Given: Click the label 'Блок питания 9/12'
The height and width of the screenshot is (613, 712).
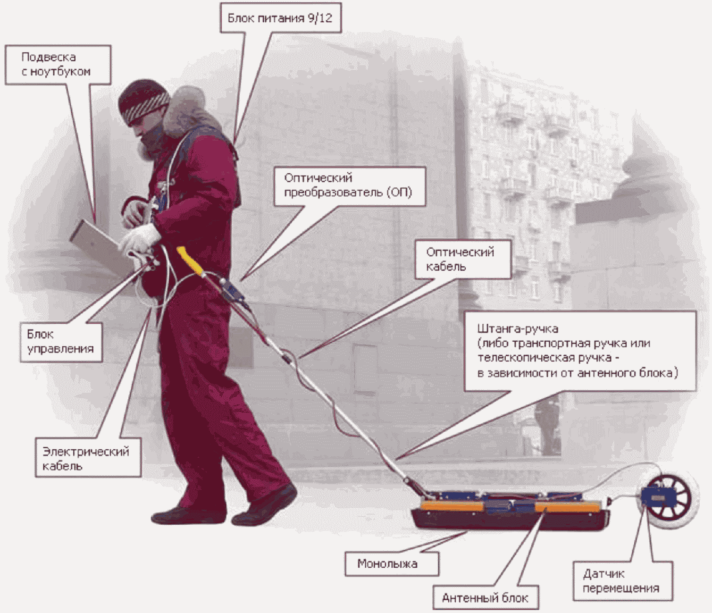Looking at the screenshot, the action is point(280,18).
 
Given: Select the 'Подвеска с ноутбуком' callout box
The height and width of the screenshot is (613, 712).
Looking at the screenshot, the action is point(58,65).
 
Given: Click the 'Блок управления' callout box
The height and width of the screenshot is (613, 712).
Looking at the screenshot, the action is point(61,342).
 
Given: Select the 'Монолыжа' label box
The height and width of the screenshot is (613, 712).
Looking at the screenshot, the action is point(392,564).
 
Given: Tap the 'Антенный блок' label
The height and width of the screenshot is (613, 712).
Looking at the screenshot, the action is point(485,598).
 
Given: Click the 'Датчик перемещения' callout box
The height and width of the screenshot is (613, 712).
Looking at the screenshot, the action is point(623,581).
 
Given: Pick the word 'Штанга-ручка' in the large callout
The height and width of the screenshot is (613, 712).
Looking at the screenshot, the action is point(518,328).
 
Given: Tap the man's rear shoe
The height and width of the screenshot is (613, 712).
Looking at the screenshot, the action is point(187,515).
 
